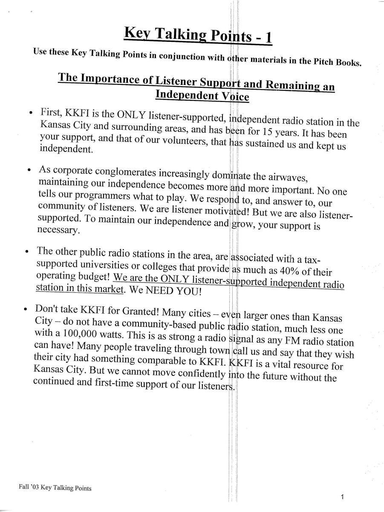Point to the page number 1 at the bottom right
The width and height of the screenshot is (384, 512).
(x=343, y=497)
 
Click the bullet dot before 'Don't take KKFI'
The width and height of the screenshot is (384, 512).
(x=26, y=308)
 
